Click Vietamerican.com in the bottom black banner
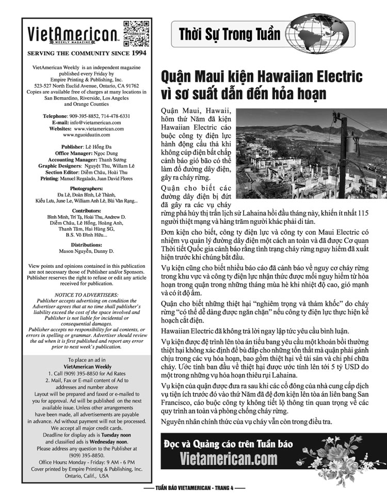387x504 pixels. point(229,459)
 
